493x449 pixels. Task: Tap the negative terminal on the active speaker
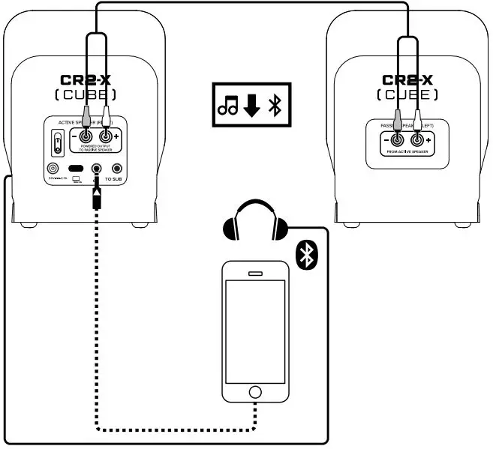pos(86,137)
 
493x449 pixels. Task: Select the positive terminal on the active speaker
pos(107,137)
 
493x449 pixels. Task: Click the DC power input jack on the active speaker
pos(53,169)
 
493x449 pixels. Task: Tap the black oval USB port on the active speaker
pos(76,169)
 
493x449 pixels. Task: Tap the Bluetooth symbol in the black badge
pos(305,255)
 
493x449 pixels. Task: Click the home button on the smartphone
pos(255,393)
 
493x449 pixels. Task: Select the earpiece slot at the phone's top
pos(256,273)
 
